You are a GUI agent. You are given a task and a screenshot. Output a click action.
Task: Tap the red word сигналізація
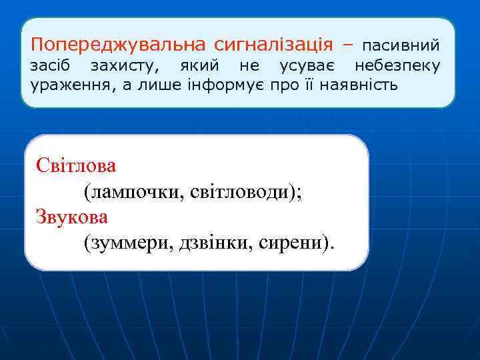tap(273, 45)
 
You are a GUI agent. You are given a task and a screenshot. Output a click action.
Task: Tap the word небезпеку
tap(397, 66)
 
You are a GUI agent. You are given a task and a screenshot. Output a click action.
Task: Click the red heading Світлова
tap(76, 165)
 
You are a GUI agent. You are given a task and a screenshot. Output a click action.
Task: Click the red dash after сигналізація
tap(347, 46)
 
